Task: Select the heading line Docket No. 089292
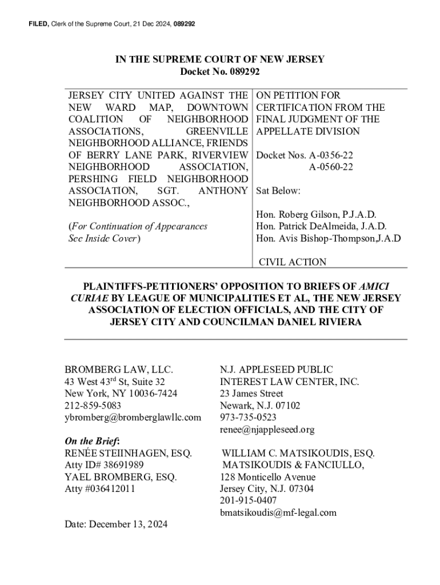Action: click(x=220, y=71)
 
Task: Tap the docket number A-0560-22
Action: click(x=331, y=167)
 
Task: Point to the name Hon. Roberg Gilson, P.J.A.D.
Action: click(x=316, y=215)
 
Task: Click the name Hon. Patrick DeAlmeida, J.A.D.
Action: click(x=322, y=227)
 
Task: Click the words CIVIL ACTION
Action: click(x=293, y=262)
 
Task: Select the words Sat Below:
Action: click(x=278, y=191)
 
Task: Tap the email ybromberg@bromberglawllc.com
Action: click(x=133, y=418)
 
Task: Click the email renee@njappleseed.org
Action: click(x=267, y=430)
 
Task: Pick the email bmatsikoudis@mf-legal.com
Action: click(x=278, y=512)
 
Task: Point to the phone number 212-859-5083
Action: click(x=93, y=406)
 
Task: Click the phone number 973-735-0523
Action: click(x=249, y=418)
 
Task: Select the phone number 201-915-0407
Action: click(x=249, y=500)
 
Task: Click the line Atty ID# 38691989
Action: click(x=104, y=465)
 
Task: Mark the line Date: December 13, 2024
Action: click(x=116, y=524)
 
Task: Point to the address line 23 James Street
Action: click(x=251, y=394)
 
